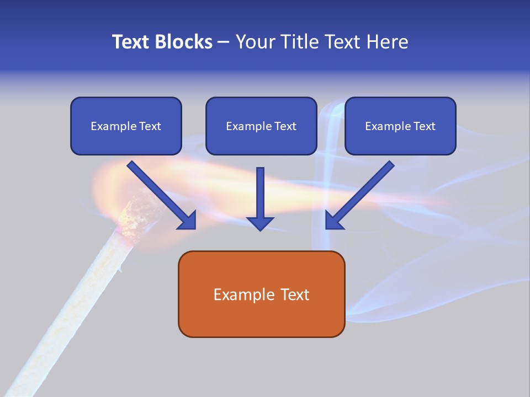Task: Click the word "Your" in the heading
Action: (x=255, y=42)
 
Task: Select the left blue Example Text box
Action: (x=126, y=126)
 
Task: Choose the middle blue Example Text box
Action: (x=261, y=126)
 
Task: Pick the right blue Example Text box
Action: (x=400, y=126)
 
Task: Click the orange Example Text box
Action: (x=261, y=294)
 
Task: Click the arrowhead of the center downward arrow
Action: (x=260, y=223)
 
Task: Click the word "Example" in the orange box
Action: (x=241, y=294)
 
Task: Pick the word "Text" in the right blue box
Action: (x=424, y=126)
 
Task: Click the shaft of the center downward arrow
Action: (x=260, y=190)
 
